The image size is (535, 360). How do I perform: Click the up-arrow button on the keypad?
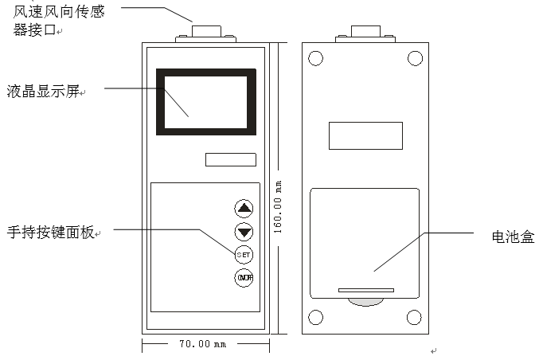point(244,209)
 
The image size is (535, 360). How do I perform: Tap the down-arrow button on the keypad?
point(244,232)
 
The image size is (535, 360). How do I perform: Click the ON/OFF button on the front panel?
point(244,278)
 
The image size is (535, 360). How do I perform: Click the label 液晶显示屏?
point(45,92)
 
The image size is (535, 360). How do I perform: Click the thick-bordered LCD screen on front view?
point(206,102)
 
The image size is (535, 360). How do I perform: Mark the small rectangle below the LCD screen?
point(230,159)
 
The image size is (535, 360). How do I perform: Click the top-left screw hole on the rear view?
point(315,58)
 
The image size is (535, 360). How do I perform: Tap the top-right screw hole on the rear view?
point(414,58)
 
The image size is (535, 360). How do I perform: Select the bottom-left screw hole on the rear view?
point(315,318)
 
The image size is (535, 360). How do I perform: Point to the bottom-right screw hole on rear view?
point(414,318)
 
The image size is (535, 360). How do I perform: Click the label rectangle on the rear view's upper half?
point(365,135)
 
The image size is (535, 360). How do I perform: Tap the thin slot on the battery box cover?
point(365,290)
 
